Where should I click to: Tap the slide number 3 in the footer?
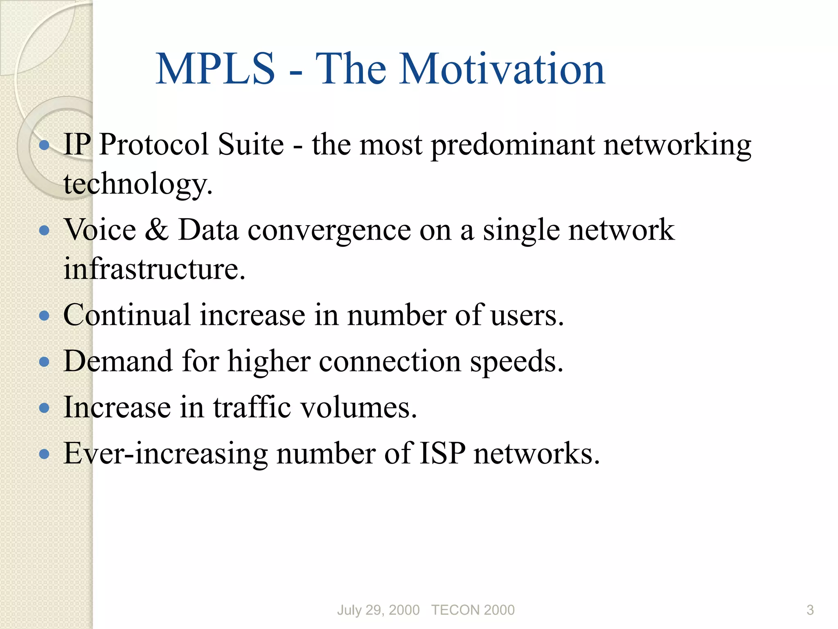[810, 610]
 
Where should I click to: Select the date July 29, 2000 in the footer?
[378, 610]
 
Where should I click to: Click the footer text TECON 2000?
[473, 610]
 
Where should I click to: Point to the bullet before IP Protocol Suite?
[44, 145]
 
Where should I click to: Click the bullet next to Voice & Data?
[44, 231]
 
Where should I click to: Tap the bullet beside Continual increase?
[44, 316]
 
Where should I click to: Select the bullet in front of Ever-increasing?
[44, 454]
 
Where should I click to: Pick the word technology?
[137, 184]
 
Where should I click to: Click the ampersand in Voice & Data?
[157, 230]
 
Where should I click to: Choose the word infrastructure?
[154, 269]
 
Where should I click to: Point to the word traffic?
[252, 407]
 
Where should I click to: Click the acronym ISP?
[442, 453]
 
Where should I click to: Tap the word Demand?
[118, 361]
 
